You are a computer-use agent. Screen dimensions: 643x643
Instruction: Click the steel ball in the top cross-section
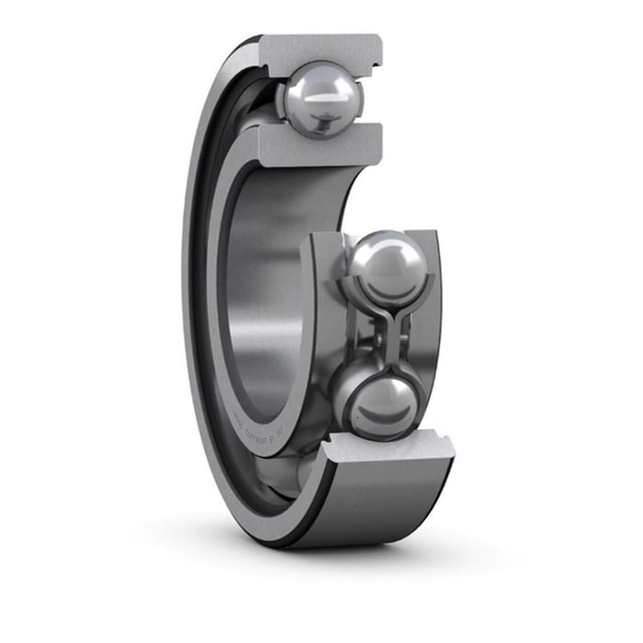[322, 97]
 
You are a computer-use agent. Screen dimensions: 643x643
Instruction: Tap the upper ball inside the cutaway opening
[384, 267]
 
